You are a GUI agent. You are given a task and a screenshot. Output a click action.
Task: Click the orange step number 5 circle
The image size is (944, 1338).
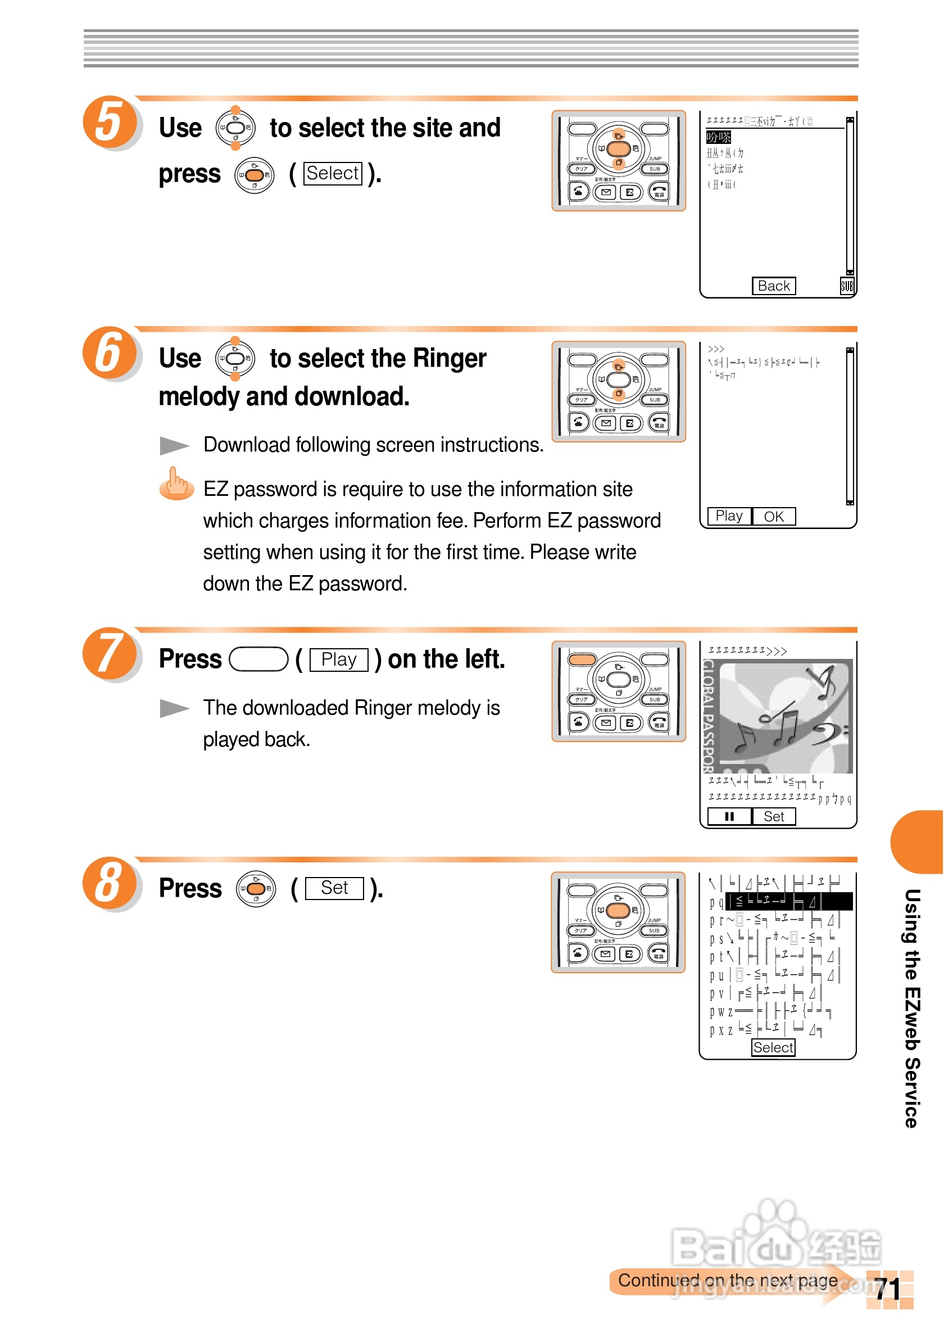click(110, 121)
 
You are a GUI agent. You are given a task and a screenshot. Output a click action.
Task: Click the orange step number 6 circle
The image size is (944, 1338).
click(110, 352)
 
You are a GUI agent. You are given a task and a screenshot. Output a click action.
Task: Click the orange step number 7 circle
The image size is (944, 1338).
click(110, 653)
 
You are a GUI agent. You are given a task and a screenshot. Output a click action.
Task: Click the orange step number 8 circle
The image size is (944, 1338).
click(110, 882)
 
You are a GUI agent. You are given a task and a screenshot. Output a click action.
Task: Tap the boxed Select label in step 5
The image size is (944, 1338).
click(333, 173)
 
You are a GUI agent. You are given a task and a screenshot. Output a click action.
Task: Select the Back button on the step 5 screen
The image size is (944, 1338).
click(773, 286)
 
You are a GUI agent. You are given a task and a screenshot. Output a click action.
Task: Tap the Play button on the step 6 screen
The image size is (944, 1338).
click(729, 516)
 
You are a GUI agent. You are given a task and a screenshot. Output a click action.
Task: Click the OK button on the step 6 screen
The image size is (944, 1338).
click(773, 516)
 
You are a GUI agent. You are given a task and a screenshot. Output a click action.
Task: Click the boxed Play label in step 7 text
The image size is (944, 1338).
click(338, 659)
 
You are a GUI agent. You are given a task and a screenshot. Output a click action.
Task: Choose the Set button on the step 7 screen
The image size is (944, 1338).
click(773, 816)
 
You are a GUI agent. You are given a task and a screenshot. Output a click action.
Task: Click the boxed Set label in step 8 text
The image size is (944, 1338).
click(334, 888)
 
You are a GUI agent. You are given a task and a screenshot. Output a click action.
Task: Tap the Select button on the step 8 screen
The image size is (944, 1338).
click(773, 1047)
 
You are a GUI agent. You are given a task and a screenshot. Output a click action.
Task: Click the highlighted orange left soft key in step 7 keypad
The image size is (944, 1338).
click(582, 659)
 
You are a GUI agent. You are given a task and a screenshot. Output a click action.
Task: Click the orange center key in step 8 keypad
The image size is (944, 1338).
click(618, 910)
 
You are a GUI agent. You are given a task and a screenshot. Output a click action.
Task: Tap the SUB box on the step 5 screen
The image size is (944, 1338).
click(847, 286)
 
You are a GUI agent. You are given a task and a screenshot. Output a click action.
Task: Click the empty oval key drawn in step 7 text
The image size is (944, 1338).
click(258, 659)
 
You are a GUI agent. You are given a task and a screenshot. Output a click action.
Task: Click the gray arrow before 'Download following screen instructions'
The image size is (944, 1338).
click(174, 446)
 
